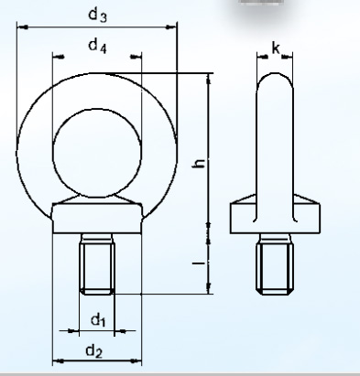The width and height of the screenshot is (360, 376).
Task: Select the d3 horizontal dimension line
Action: point(55,27)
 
